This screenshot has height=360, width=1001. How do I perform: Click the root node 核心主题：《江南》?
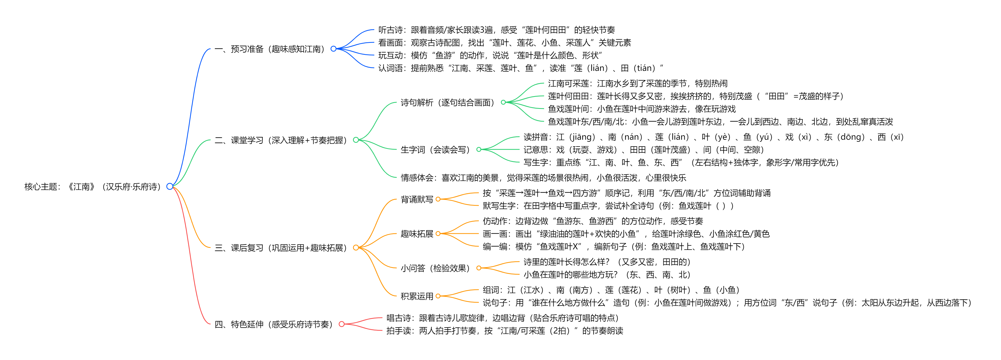click(x=93, y=187)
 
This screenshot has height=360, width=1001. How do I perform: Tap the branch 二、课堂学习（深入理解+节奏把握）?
click(x=280, y=140)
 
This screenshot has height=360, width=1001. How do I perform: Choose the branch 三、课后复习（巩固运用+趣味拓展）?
click(x=280, y=248)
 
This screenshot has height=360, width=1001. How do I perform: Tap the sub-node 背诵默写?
click(x=417, y=199)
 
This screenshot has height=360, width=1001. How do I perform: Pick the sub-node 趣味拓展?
click(x=417, y=234)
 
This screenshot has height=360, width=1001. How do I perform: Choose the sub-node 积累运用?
click(x=417, y=296)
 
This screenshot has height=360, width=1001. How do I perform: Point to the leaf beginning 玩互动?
click(x=490, y=55)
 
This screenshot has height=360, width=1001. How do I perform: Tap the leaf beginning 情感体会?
click(x=543, y=178)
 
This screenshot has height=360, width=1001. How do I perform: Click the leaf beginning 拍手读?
click(x=504, y=331)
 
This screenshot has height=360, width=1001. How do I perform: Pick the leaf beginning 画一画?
click(x=626, y=234)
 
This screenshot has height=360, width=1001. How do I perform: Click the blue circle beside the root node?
click(x=169, y=187)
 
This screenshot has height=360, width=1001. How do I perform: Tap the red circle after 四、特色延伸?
click(x=342, y=324)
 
